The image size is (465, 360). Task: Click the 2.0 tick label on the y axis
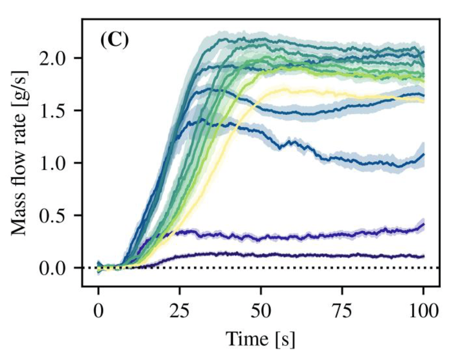[52, 58]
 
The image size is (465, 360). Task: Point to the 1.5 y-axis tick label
[52, 111]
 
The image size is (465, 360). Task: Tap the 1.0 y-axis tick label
[52, 163]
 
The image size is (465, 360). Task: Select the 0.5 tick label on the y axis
[52, 215]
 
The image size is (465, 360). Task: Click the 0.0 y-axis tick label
[52, 268]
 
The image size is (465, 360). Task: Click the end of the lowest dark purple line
[424, 256]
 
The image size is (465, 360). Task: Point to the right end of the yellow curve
[424, 101]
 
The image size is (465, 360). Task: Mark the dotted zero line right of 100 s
[432, 268]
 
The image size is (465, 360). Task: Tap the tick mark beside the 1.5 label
[78, 111]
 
